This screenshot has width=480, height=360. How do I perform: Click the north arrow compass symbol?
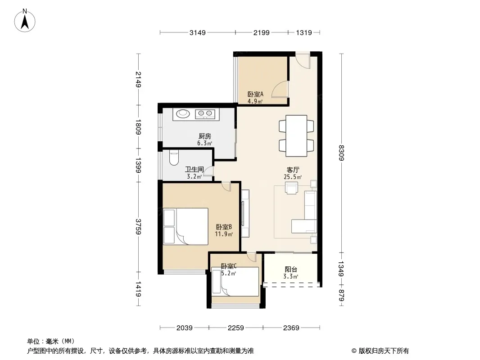point(25,21)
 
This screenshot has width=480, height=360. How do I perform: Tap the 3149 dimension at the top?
point(198,32)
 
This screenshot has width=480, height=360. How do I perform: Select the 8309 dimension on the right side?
point(341,153)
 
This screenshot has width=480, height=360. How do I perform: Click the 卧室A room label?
point(255,94)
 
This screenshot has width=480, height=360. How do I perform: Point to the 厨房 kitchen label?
point(204,136)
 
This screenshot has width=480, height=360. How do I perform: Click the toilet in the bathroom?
point(174,157)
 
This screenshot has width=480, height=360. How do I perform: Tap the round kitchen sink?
point(183,114)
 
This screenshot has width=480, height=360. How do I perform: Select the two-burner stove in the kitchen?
point(205,114)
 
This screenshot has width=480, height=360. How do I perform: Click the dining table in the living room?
point(296,136)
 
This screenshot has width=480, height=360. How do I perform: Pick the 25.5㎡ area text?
point(293,177)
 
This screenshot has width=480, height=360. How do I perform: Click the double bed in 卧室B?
point(186,226)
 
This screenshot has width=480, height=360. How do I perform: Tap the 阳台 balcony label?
point(291,270)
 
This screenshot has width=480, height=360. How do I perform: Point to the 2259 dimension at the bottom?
point(235,328)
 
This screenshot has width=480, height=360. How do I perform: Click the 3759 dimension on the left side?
point(138,227)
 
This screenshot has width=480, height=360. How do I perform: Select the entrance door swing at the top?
point(303,61)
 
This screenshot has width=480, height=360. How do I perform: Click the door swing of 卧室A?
point(280,89)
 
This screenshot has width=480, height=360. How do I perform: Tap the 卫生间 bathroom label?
point(195,169)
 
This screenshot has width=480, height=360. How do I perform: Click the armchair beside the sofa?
point(291,188)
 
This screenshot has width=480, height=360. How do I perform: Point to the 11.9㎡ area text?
point(223,234)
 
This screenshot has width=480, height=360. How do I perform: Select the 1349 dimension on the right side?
point(341,269)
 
